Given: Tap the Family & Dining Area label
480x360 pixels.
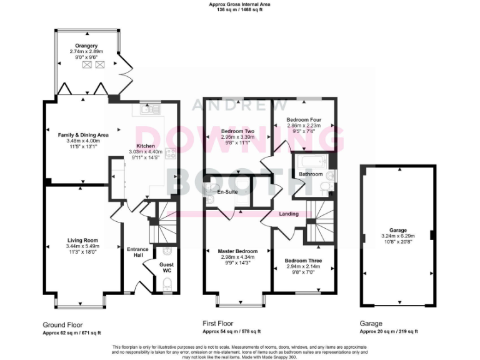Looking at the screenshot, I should pos(83,134).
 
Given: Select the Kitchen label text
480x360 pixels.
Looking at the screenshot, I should pos(146,146).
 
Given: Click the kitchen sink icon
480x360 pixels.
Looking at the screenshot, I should pos(148,110).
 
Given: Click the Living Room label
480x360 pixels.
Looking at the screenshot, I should pos(82,240).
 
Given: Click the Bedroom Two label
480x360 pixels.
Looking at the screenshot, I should pos(237,131).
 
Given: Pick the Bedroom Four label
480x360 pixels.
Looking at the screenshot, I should pos(304,119).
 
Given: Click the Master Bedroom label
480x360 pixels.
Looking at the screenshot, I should pos(237,251).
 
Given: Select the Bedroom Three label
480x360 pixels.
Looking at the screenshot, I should pos(303,261).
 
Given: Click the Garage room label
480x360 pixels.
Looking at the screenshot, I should pos(397,230).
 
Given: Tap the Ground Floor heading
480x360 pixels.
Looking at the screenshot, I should pos(62,325).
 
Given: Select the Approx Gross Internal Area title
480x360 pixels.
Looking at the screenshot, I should pos(240,4).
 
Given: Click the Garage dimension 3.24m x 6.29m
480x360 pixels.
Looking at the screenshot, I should pos(397,236).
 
